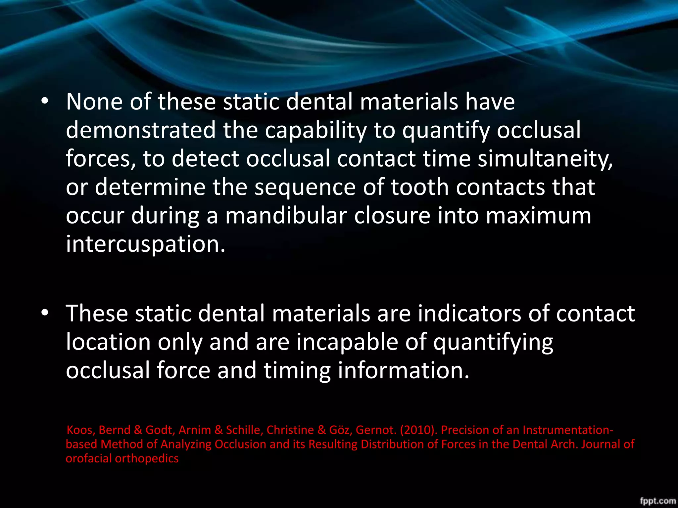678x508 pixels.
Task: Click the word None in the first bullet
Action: pyautogui.click(x=94, y=102)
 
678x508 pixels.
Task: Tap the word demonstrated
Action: pyautogui.click(x=141, y=130)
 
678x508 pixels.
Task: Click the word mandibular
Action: pyautogui.click(x=286, y=216)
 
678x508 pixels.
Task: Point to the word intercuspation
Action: pyautogui.click(x=145, y=244)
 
